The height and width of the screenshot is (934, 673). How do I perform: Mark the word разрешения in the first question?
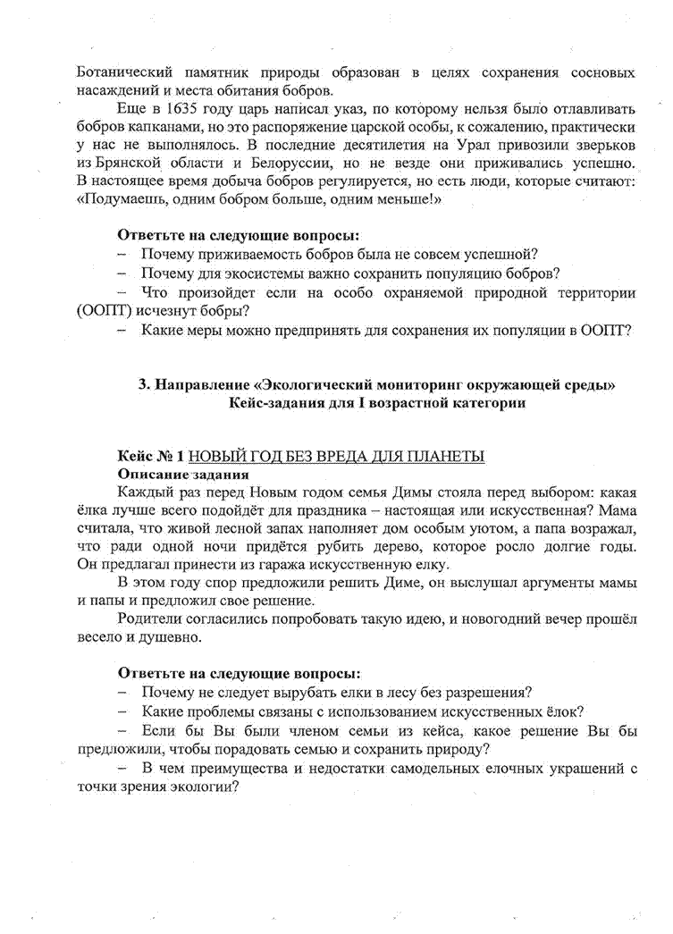pyautogui.click(x=483, y=692)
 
